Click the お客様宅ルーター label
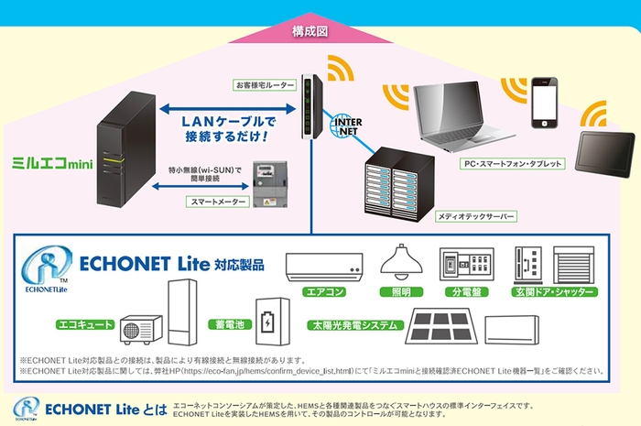(x=265, y=84)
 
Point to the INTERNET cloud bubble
(x=342, y=125)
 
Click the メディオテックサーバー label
(x=477, y=216)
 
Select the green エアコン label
(x=327, y=292)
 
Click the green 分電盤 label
(x=466, y=292)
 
